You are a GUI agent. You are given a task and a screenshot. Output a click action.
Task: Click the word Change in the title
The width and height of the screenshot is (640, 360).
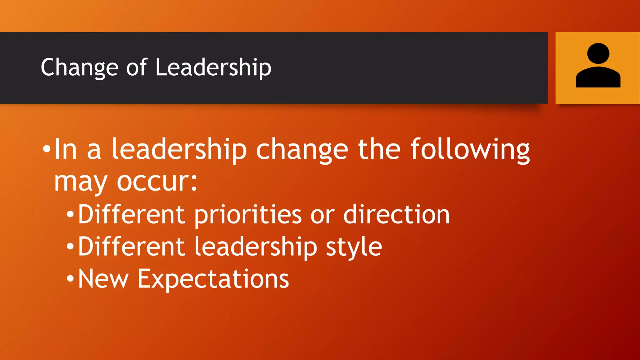pyautogui.click(x=79, y=67)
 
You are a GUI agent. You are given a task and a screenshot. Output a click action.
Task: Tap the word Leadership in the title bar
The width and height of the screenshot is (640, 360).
pyautogui.click(x=213, y=67)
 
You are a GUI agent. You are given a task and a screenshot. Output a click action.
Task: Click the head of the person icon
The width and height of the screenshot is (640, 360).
pyautogui.click(x=598, y=53)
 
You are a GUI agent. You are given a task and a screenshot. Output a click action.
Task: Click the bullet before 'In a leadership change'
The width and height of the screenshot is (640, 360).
pyautogui.click(x=47, y=148)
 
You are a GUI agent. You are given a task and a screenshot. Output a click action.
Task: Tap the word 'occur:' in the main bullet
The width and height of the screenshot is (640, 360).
pyautogui.click(x=157, y=182)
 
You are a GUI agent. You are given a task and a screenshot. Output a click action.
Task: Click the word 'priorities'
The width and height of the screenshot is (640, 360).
pyautogui.click(x=248, y=215)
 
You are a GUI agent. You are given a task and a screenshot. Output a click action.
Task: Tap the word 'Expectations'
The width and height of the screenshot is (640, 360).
pyautogui.click(x=213, y=279)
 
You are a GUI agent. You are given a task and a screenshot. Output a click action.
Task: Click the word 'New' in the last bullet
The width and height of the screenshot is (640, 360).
pyautogui.click(x=103, y=279)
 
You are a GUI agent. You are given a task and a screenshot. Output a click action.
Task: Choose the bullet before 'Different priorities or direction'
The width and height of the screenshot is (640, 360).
pyautogui.click(x=70, y=214)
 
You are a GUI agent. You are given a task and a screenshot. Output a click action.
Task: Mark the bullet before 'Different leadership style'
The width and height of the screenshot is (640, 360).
pyautogui.click(x=70, y=247)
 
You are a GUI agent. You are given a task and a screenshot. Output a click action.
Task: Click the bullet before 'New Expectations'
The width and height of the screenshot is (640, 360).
pyautogui.click(x=70, y=278)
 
